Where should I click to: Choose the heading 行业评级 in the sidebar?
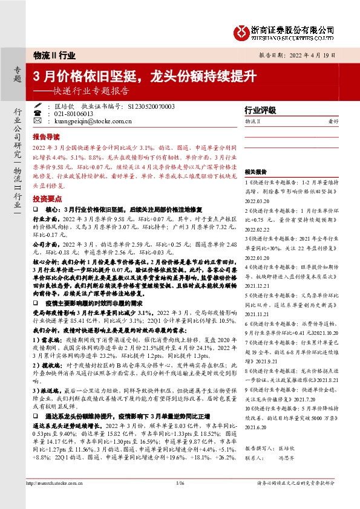coord(260,111)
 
